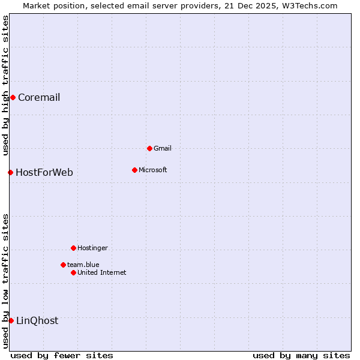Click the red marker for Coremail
[13, 97]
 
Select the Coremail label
[39, 98]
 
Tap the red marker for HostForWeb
[10, 172]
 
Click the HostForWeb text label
[44, 173]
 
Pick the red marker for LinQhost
[11, 320]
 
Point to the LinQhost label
[37, 321]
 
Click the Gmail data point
[149, 148]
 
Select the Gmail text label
[163, 149]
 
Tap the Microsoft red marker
[134, 170]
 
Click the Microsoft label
[153, 170]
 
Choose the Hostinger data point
[73, 248]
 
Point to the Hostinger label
[93, 248]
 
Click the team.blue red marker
[63, 265]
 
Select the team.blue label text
[83, 265]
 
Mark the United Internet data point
[73, 272]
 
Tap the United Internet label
[102, 273]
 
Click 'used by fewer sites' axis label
[62, 355]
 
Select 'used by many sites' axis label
[301, 355]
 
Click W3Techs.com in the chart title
[310, 6]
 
